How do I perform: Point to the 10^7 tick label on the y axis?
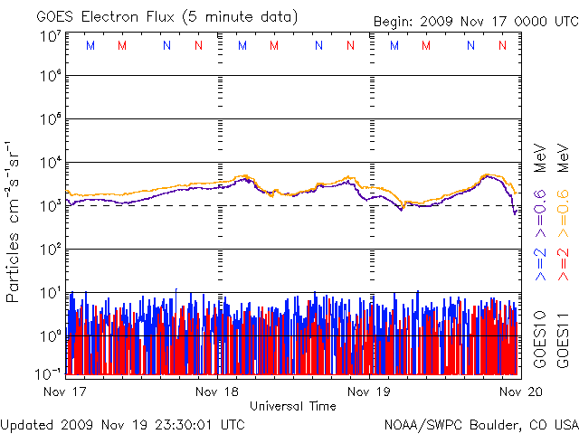tap(50, 36)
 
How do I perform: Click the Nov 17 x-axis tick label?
tap(64, 392)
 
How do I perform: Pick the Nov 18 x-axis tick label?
tap(218, 392)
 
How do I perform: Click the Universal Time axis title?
tap(293, 406)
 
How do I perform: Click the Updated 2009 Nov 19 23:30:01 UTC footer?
tap(122, 424)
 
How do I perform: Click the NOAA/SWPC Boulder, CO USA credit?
tap(480, 424)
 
